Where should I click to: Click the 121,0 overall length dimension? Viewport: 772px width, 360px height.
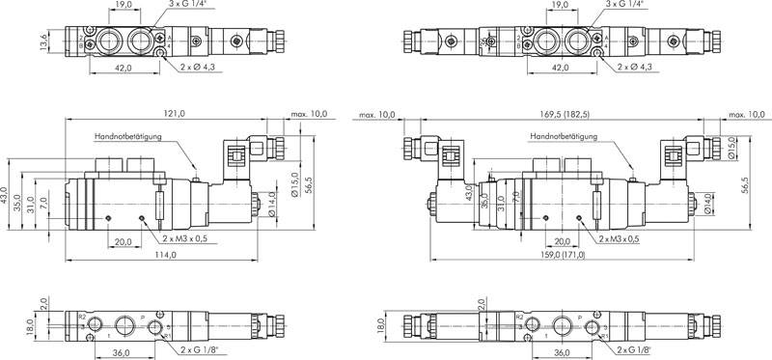pyautogui.click(x=176, y=114)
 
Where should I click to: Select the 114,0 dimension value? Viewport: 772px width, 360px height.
pyautogui.click(x=166, y=255)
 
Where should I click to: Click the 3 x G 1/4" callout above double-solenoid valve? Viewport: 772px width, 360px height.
pyautogui.click(x=626, y=5)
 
